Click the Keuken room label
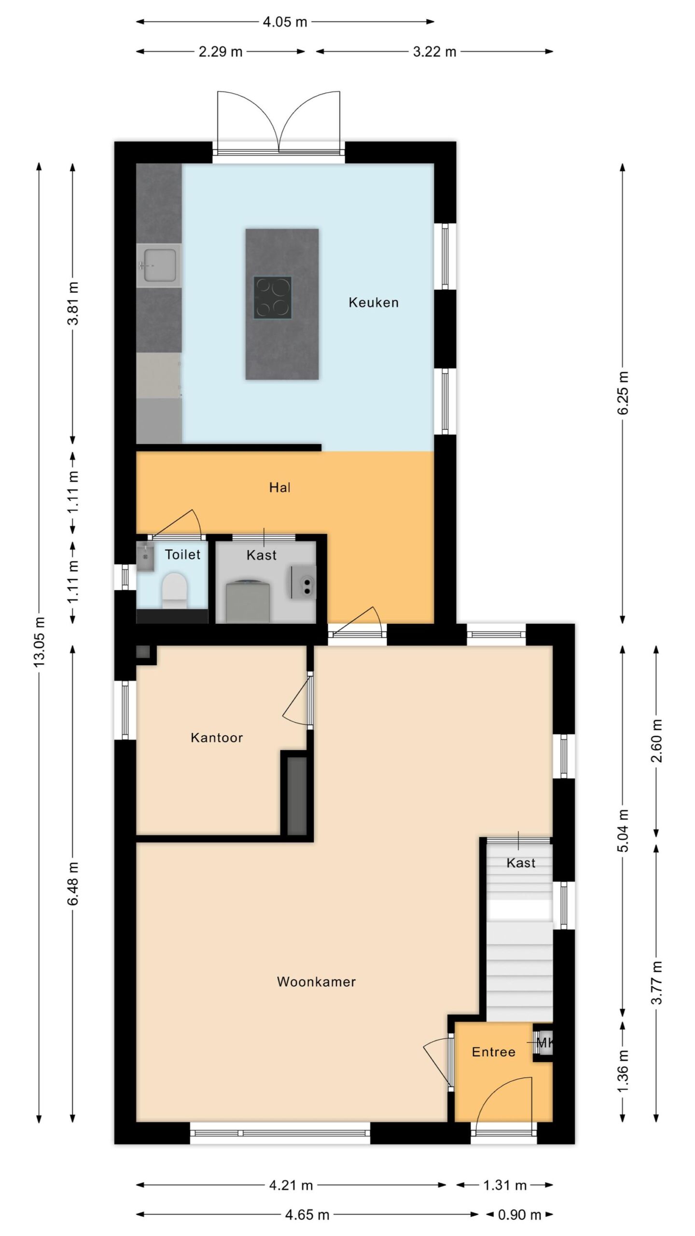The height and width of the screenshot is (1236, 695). pos(374,303)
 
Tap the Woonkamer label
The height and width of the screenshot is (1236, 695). pos(316,982)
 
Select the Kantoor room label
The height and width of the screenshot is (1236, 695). pos(217,738)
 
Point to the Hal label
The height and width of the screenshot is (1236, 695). pos(280,488)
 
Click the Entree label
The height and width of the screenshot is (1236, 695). pos(493,1052)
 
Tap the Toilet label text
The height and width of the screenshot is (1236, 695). pos(182,555)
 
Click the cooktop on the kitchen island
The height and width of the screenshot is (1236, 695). pos(273,297)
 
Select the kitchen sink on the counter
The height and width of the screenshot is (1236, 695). pos(159,266)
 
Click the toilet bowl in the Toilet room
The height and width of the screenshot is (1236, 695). pos(174,590)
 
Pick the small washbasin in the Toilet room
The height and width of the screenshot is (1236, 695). pos(145,556)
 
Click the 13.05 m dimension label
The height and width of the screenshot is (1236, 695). pos(40,642)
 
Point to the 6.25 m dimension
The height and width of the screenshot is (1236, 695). pos(623,393)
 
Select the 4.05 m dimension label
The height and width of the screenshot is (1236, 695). pos(285,22)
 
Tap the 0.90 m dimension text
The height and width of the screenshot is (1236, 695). pos(519,1211)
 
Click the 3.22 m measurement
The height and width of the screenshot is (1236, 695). pos(434,52)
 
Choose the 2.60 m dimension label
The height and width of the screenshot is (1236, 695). pos(656,741)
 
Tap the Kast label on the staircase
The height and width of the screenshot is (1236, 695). pos(521,863)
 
